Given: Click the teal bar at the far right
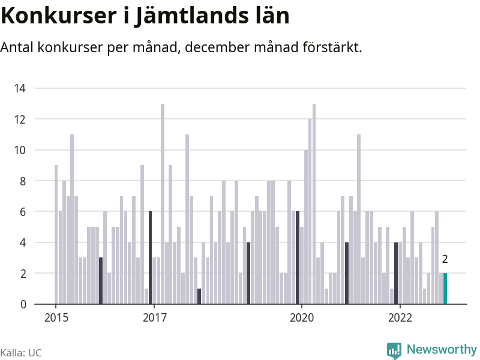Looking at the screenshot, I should [x=445, y=289].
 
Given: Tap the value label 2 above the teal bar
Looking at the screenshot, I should [x=445, y=259].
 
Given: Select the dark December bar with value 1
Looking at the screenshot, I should [x=199, y=296].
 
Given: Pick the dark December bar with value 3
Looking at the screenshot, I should [x=101, y=281].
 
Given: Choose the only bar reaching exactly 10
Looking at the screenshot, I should [x=306, y=227].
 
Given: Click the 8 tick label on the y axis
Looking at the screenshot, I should [x=22, y=181].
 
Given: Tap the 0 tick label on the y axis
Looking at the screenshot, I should [x=23, y=304].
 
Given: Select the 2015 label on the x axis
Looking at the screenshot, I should [x=56, y=317].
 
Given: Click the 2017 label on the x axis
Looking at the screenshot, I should [x=155, y=317].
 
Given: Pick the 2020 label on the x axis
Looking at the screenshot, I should [x=302, y=317].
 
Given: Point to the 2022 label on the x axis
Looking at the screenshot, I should [x=400, y=317].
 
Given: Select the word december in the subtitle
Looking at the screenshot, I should [x=212, y=47].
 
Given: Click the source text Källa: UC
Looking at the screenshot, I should [x=21, y=353].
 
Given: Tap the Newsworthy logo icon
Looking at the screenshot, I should [x=394, y=350].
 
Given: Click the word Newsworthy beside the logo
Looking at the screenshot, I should [x=442, y=349].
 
